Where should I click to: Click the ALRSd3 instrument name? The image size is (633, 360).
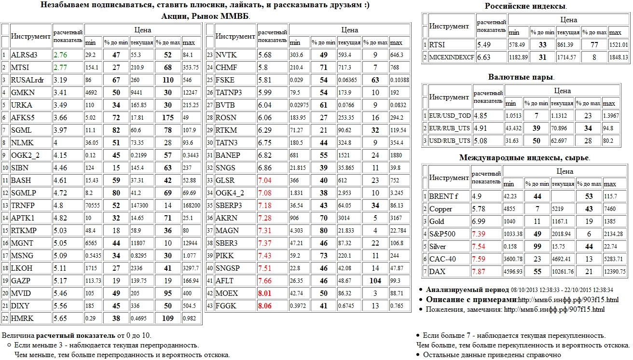click(x=24, y=55)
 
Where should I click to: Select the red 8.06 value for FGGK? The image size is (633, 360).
click(x=267, y=306)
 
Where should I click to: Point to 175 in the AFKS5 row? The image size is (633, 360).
click(x=168, y=118)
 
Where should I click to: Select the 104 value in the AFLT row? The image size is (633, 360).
click(x=375, y=281)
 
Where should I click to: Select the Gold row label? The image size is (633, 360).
click(x=437, y=222)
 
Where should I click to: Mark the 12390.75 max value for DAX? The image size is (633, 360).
click(x=617, y=272)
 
